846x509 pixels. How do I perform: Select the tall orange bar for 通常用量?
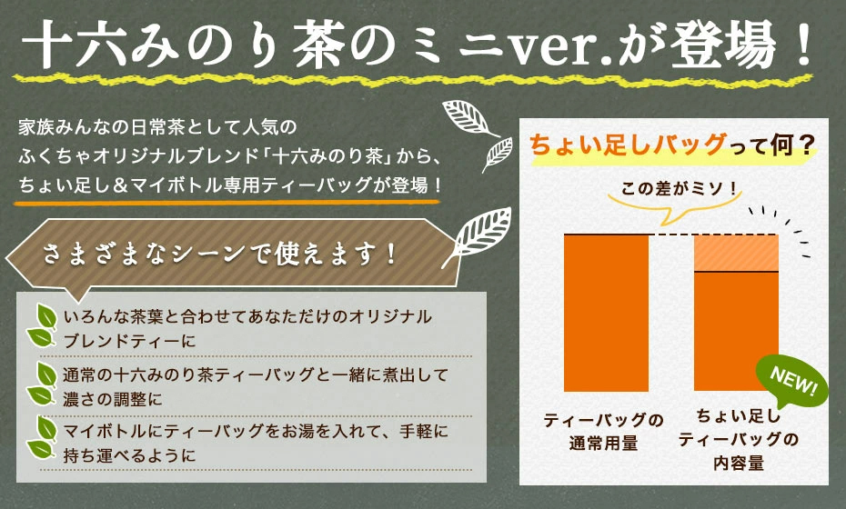(x=606, y=313)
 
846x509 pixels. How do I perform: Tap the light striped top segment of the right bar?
(x=736, y=253)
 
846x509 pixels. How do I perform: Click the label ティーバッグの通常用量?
(x=603, y=432)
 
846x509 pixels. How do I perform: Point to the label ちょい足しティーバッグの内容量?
(x=738, y=439)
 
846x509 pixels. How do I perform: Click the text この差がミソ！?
(x=680, y=189)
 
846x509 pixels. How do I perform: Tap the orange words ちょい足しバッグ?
(x=628, y=145)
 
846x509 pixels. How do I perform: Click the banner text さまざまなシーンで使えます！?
(x=219, y=253)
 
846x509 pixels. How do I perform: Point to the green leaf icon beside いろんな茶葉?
(x=42, y=325)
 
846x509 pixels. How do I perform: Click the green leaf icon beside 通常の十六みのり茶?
(x=42, y=384)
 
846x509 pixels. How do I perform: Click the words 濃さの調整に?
(x=113, y=400)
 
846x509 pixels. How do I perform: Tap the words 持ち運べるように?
(x=129, y=455)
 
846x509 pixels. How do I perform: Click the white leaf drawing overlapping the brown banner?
(x=479, y=236)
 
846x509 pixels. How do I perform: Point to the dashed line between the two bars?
(x=671, y=235)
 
